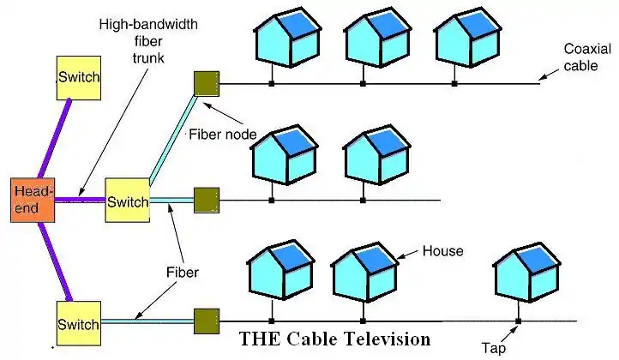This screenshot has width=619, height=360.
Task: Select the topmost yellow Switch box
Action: pos(78,79)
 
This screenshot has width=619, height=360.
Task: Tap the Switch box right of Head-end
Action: pos(127,201)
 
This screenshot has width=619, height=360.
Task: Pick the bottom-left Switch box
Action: pos(78,323)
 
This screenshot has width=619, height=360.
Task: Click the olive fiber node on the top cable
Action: pos(207,82)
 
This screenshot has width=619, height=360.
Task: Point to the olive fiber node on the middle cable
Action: pos(207,201)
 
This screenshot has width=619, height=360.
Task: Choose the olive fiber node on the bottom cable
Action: pos(207,321)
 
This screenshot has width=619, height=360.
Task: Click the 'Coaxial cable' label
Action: pos(587,57)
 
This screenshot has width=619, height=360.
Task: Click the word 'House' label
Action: pos(442,251)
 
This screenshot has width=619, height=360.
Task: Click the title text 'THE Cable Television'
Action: pos(335,339)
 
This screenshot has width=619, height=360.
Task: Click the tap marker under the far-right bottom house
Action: pos(519,321)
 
